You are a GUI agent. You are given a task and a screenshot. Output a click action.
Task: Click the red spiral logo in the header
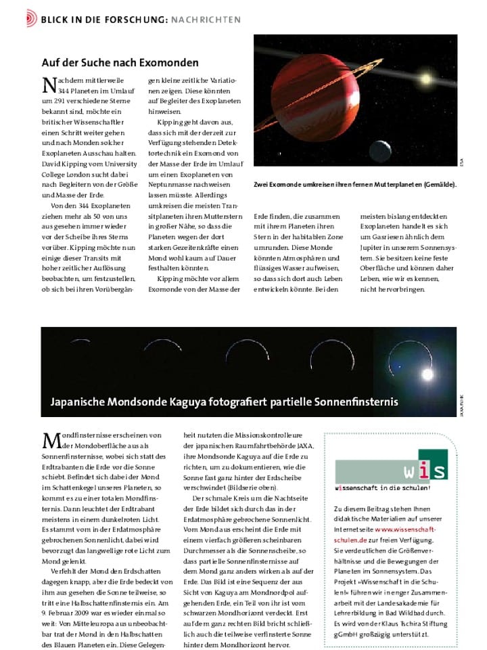[32, 19]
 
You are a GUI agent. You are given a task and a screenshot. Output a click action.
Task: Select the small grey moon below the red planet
[380, 148]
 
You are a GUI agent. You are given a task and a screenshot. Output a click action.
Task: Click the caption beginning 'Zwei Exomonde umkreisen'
[355, 184]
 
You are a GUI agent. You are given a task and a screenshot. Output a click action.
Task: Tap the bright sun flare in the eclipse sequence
[427, 373]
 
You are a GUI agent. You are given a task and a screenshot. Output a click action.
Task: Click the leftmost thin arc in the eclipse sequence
[80, 344]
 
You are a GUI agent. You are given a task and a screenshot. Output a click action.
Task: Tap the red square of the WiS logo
[433, 464]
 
